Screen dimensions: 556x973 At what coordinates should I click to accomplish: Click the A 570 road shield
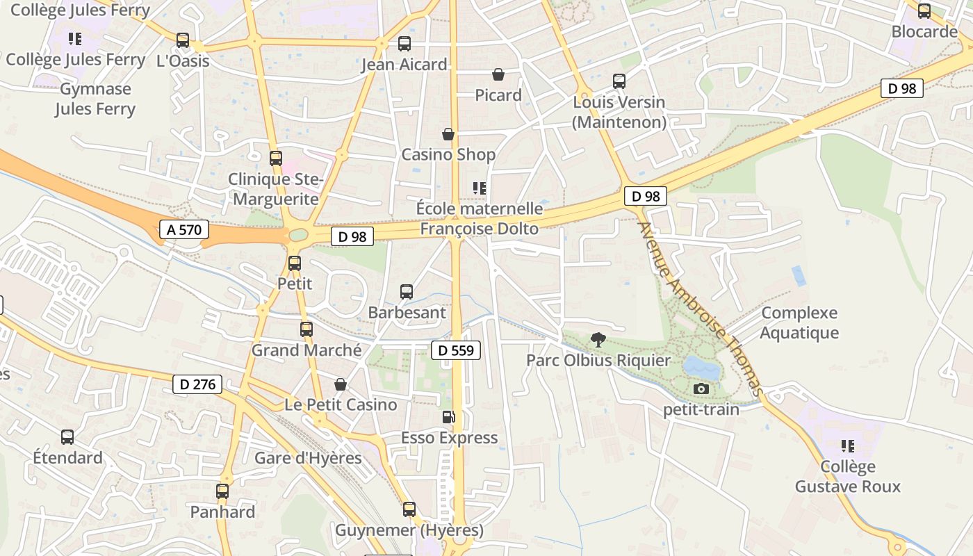click(x=184, y=230)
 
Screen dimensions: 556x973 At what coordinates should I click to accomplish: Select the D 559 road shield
click(x=456, y=350)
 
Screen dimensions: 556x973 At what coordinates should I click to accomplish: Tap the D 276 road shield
click(x=198, y=384)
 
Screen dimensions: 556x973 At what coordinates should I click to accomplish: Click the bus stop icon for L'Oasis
click(x=183, y=40)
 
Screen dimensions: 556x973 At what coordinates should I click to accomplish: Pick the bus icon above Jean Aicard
click(x=404, y=44)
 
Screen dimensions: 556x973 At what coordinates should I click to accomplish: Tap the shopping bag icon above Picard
click(x=498, y=74)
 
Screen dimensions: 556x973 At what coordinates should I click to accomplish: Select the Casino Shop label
click(x=448, y=154)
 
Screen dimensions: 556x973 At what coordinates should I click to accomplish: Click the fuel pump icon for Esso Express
click(x=449, y=417)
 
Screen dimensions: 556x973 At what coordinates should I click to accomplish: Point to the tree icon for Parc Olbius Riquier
click(x=598, y=340)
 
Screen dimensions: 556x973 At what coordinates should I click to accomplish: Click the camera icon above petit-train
click(x=701, y=389)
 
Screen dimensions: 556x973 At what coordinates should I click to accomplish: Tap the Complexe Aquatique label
click(x=799, y=322)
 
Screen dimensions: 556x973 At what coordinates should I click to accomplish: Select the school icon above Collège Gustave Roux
click(x=847, y=445)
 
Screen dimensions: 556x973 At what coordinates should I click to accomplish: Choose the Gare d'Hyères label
click(x=308, y=458)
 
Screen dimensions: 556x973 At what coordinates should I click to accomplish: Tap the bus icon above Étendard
click(x=67, y=437)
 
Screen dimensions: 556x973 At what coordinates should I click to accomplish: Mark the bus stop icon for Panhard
click(x=222, y=491)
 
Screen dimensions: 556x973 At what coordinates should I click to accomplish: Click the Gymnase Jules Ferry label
click(x=95, y=99)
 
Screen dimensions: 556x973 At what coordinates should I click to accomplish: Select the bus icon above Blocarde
click(x=924, y=11)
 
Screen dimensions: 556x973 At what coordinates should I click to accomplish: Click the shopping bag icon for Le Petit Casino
click(x=341, y=384)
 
